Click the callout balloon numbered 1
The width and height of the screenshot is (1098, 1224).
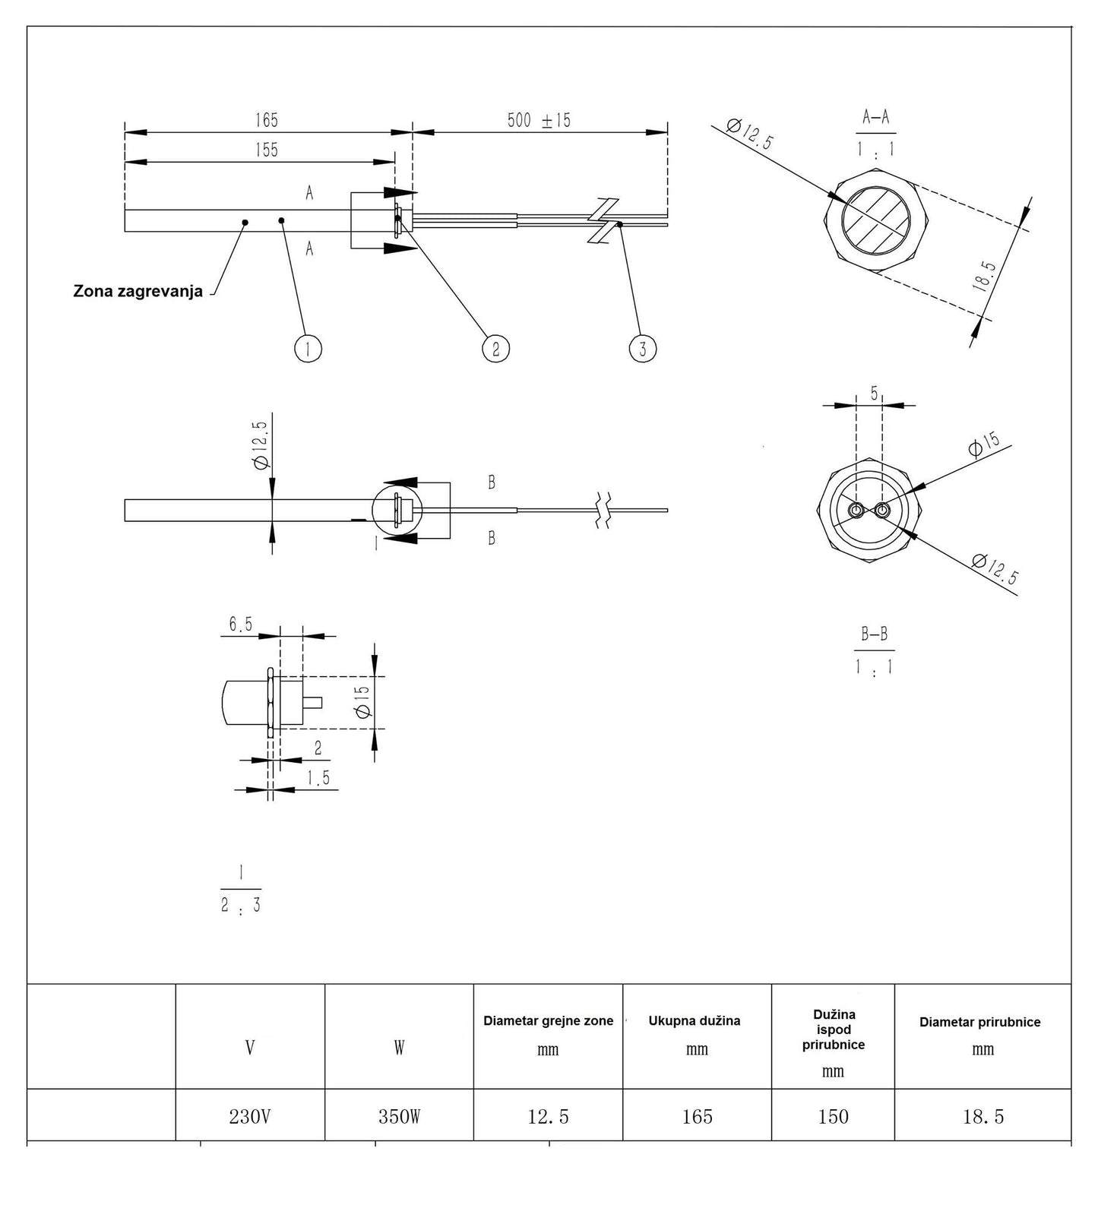tap(308, 349)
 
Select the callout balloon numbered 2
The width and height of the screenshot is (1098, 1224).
tap(495, 349)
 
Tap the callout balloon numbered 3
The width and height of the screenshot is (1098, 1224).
tap(643, 349)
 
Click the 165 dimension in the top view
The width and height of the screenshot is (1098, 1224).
tap(267, 120)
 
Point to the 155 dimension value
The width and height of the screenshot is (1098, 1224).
tap(267, 150)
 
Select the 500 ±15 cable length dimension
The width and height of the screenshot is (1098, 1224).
tap(539, 120)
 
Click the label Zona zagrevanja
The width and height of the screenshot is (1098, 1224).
tap(138, 292)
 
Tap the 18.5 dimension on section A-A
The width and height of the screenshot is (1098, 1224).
tap(983, 277)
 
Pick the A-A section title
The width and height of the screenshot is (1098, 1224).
tap(876, 117)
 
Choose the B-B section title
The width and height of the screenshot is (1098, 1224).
tap(874, 634)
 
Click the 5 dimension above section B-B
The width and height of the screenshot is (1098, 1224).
tap(875, 394)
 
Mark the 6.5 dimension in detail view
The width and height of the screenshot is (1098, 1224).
tap(241, 625)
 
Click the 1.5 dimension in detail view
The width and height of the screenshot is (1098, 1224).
tap(318, 778)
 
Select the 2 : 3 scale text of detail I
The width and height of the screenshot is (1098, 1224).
tap(241, 905)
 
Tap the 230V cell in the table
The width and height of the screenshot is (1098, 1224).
tap(250, 1116)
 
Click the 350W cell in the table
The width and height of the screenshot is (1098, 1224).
tap(400, 1116)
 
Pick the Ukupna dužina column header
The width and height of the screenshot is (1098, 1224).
tap(695, 1020)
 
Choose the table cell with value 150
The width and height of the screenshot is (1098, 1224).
tap(834, 1116)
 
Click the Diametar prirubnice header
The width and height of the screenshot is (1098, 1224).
tap(980, 1022)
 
